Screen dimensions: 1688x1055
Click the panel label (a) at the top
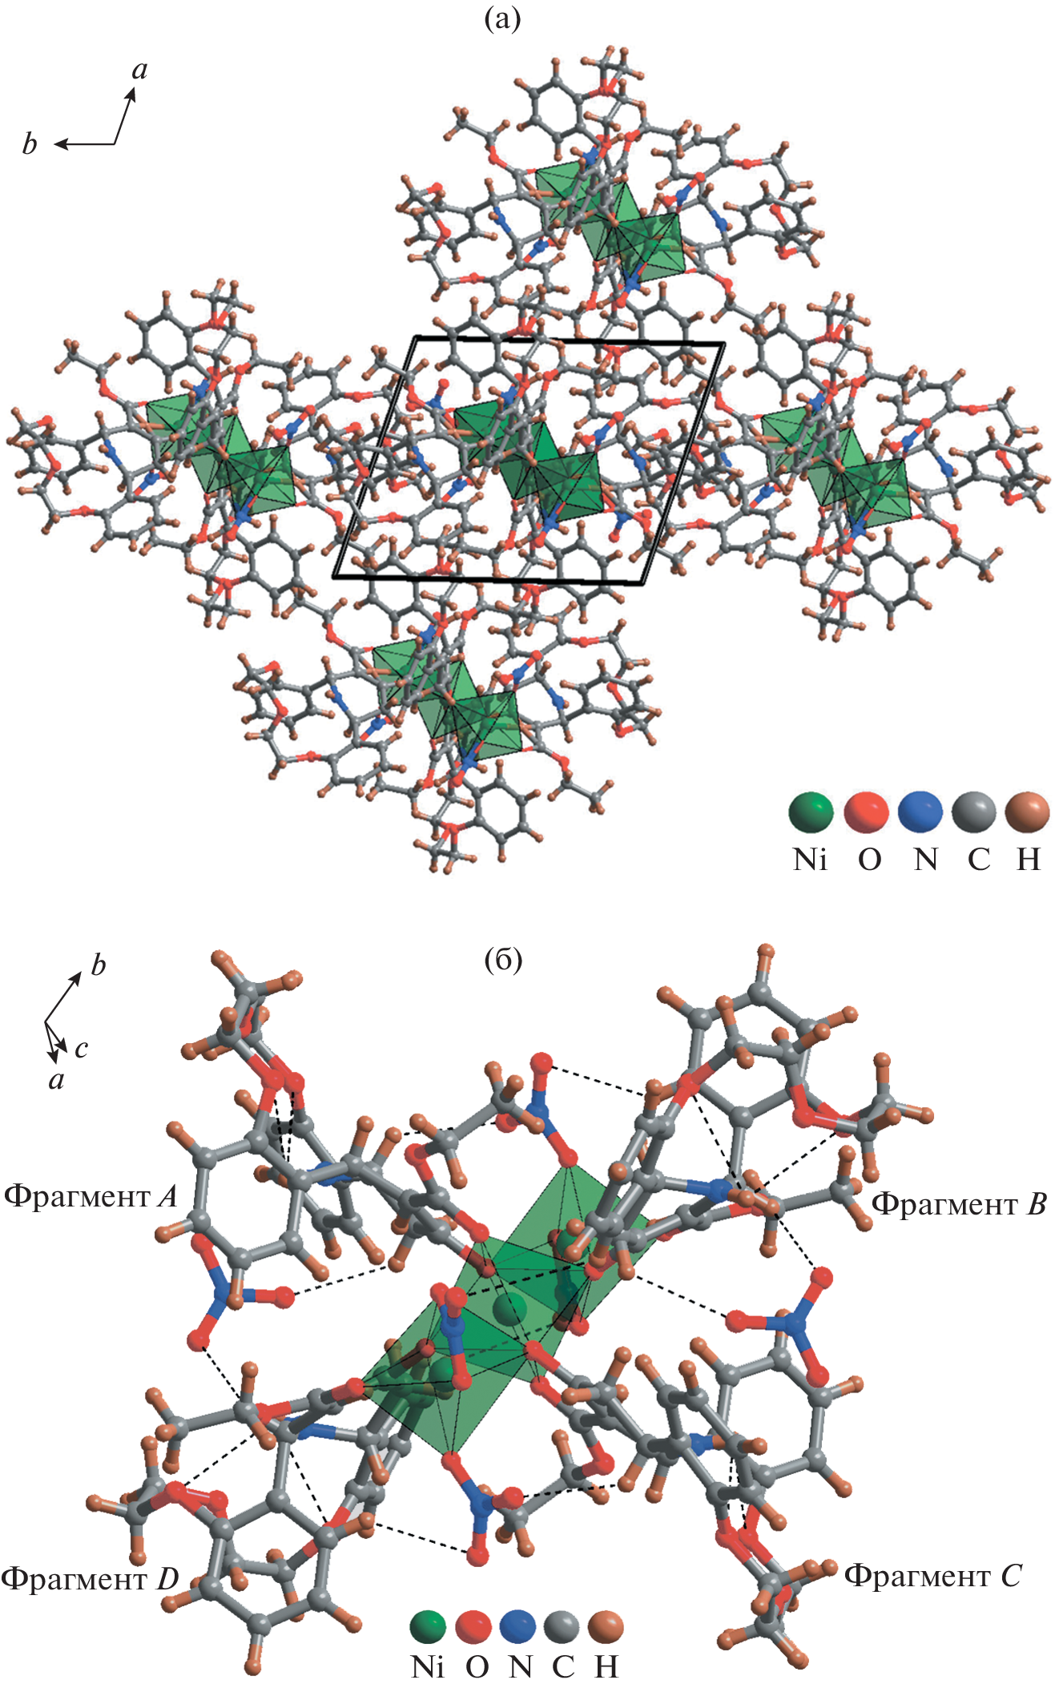[502, 18]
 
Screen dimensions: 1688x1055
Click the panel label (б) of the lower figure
[503, 959]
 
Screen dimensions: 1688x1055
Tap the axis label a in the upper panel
[139, 71]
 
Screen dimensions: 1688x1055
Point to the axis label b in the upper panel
[30, 144]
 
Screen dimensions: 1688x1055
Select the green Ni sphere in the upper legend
[810, 812]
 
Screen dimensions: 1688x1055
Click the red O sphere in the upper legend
[866, 812]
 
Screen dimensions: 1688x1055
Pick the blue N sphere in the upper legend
[920, 812]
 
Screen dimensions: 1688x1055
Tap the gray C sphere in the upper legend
[973, 812]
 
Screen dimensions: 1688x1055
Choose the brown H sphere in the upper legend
[1027, 812]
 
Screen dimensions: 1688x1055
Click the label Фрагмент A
[91, 1197]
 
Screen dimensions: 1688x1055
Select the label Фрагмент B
[958, 1204]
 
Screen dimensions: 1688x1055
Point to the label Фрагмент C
[933, 1576]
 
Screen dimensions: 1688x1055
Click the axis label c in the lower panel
[81, 1049]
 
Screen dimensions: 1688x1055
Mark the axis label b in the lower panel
[98, 965]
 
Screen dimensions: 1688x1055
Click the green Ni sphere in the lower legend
[428, 1626]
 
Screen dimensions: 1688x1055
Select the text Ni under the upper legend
[809, 860]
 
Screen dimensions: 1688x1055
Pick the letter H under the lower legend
[606, 1668]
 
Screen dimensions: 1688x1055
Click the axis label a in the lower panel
[56, 1081]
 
